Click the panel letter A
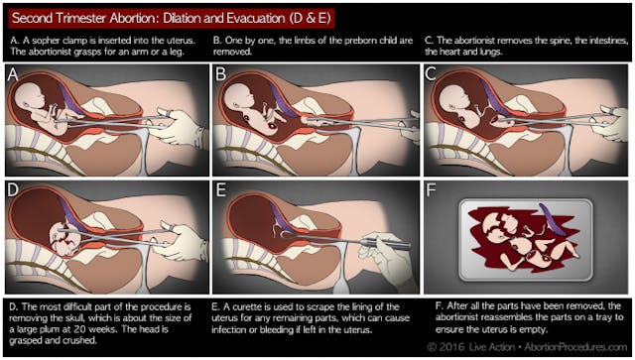pyautogui.click(x=13, y=74)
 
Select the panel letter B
pyautogui.click(x=220, y=74)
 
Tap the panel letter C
pyautogui.click(x=431, y=74)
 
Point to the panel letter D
pyautogui.click(x=13, y=190)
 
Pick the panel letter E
pyautogui.click(x=220, y=190)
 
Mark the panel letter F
pyautogui.click(x=431, y=190)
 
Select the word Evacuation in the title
pyautogui.click(x=256, y=18)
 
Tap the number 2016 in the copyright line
pyautogui.click(x=452, y=347)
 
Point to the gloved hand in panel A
pyautogui.click(x=183, y=126)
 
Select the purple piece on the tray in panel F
pyautogui.click(x=551, y=222)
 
